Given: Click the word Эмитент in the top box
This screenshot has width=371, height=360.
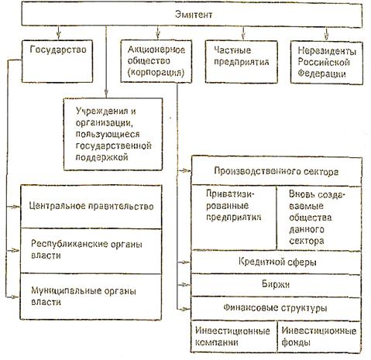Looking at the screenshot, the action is click(x=194, y=14).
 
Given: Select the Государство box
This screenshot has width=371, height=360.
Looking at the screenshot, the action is click(x=57, y=61).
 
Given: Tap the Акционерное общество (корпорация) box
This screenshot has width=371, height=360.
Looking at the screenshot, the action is click(x=156, y=61).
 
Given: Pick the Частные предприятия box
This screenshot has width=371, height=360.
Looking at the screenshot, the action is click(x=242, y=62).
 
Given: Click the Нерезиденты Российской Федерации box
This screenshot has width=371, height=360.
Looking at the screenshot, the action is click(x=327, y=63).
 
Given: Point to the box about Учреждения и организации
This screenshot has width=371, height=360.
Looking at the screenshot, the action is click(x=113, y=134).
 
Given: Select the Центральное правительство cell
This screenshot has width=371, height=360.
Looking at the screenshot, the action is click(x=91, y=207).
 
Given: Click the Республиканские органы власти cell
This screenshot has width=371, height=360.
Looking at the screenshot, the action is click(x=91, y=251).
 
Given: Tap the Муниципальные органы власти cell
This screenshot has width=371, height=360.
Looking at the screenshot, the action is click(x=91, y=297).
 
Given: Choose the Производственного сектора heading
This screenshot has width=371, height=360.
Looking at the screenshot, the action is click(x=277, y=171).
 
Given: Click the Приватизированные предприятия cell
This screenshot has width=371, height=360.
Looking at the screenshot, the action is click(x=234, y=218).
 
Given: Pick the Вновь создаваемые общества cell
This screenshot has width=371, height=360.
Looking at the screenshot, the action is click(x=319, y=218).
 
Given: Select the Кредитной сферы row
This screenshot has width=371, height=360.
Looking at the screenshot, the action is click(x=277, y=262).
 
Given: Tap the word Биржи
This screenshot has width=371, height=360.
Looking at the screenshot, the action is click(x=276, y=284).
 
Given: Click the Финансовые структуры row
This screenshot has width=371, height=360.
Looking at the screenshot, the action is click(x=277, y=308).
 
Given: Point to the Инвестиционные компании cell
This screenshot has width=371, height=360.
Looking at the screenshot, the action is click(x=234, y=337).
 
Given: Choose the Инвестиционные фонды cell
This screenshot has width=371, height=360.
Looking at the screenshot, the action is click(x=319, y=337).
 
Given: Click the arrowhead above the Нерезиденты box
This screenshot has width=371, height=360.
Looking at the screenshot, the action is click(x=327, y=37).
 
